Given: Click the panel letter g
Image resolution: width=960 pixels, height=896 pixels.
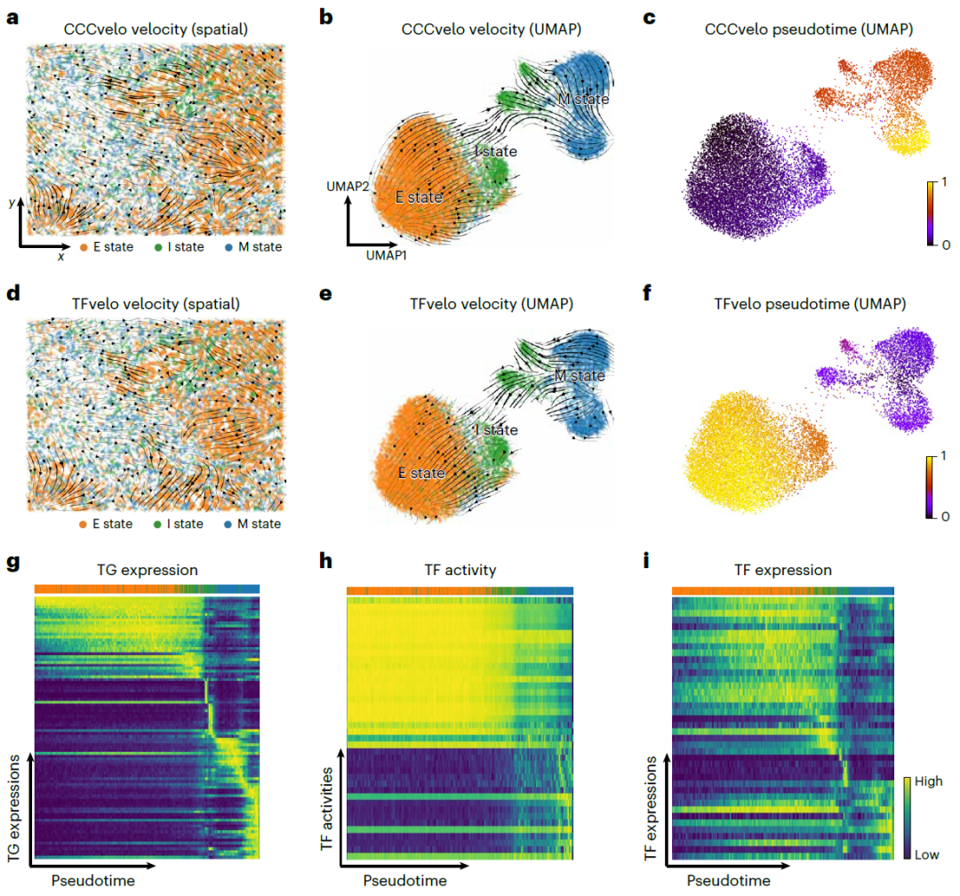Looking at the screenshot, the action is tap(12, 562).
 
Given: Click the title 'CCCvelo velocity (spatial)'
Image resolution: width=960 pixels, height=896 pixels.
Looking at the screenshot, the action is tap(156, 29).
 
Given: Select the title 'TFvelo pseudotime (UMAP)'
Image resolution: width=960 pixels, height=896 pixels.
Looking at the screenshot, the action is tap(810, 304).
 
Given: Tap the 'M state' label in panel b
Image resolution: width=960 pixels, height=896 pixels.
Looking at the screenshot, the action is tap(583, 99).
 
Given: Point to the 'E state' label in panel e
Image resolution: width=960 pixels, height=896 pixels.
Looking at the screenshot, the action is tap(421, 473).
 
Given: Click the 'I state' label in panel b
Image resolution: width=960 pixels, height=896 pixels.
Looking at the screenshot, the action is tap(497, 151).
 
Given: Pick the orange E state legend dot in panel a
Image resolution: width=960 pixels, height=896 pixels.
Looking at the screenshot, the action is tap(84, 247).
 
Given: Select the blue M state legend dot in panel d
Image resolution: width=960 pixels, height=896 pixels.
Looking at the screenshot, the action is tap(228, 524).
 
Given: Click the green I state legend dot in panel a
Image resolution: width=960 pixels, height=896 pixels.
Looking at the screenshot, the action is tap(158, 247).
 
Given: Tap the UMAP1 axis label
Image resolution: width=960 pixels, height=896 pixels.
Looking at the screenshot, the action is tap(387, 255).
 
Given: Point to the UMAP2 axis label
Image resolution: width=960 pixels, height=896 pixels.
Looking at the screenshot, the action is tap(348, 186).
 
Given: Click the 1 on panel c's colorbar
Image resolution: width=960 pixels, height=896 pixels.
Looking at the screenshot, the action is tap(944, 182).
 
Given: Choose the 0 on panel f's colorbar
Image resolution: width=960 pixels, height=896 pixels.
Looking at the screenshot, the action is tap(945, 516).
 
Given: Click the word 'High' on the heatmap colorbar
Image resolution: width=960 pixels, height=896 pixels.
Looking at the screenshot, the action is tap(929, 781).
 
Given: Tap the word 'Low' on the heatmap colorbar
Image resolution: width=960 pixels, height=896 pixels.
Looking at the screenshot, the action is tap(927, 855).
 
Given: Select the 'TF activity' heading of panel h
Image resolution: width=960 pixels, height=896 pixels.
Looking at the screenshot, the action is tap(460, 570).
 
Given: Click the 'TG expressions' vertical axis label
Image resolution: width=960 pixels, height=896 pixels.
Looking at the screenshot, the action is tap(14, 808).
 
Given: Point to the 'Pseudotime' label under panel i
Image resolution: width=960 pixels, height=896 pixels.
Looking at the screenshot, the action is tap(729, 881).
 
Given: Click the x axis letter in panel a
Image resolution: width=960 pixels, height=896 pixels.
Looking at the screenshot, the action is tap(60, 257).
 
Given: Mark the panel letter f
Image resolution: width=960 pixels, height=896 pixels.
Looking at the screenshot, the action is tap(647, 292).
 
